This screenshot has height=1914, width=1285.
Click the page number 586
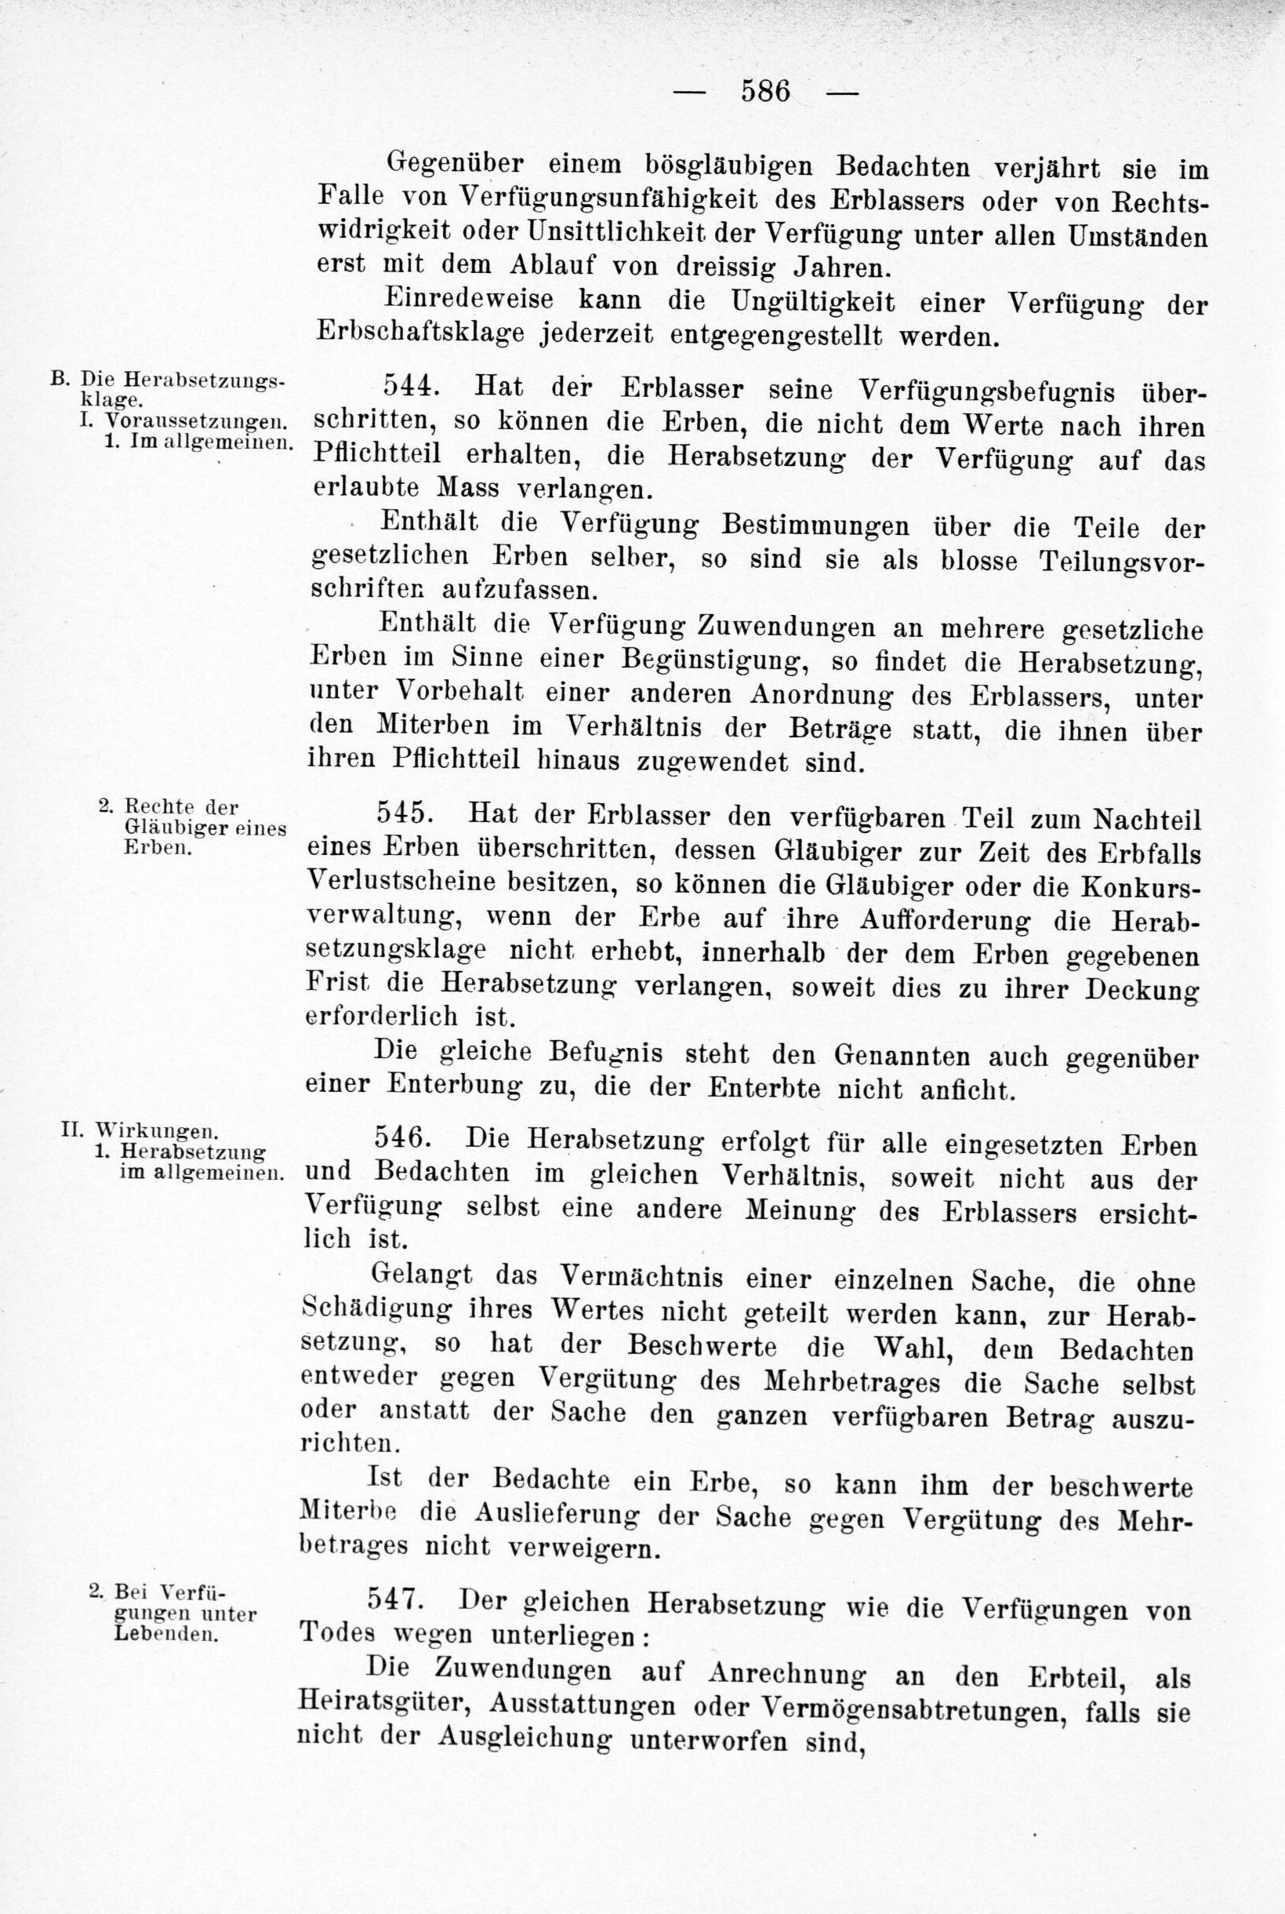pos(765,90)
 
